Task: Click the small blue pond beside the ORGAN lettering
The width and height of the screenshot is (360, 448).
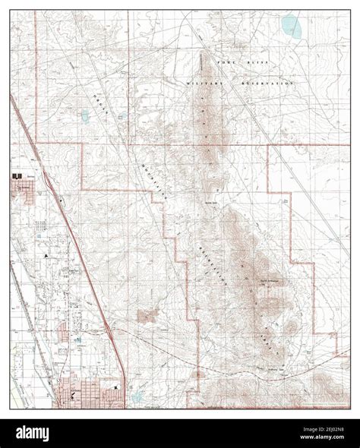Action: click(85, 115)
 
